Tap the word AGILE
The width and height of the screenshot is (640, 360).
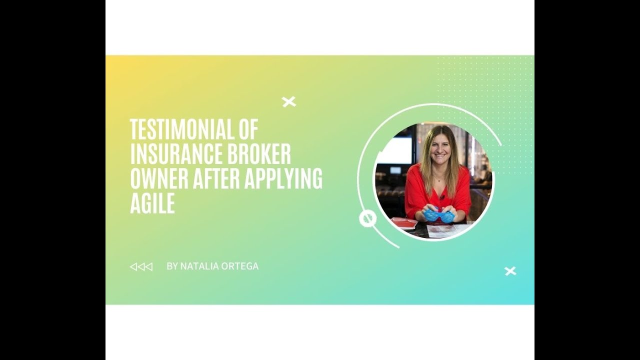coord(152,203)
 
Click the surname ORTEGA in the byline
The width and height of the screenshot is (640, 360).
coord(241,266)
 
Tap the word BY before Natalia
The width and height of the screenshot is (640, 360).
coord(172,266)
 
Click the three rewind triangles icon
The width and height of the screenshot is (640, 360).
coord(141,266)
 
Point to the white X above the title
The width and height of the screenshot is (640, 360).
coord(289,102)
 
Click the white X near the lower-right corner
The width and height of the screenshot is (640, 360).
coord(510,271)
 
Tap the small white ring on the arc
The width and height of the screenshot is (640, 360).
coord(367,218)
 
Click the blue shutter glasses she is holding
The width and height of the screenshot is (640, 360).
coord(439,215)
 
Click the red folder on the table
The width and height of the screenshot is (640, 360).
coord(404,222)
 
